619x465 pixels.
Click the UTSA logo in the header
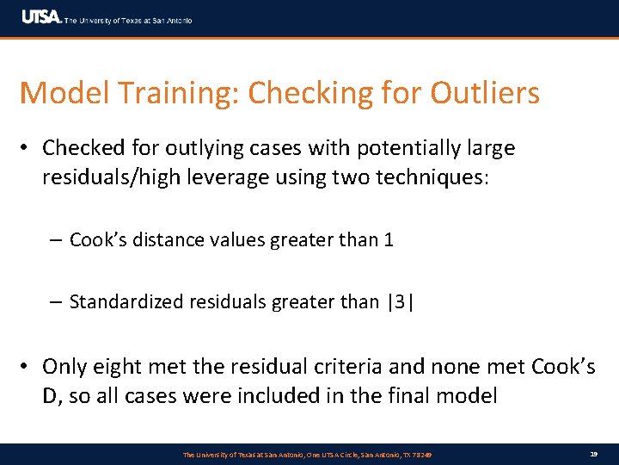coord(40,17)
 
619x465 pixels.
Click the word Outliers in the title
coord(485,93)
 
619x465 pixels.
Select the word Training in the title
coord(163,93)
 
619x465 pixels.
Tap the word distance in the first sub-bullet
coord(166,239)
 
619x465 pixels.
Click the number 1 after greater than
coord(389,239)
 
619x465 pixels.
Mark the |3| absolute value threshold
coord(400,301)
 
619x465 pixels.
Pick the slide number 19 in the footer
coord(593,454)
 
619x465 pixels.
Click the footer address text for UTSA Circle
coord(308,454)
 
